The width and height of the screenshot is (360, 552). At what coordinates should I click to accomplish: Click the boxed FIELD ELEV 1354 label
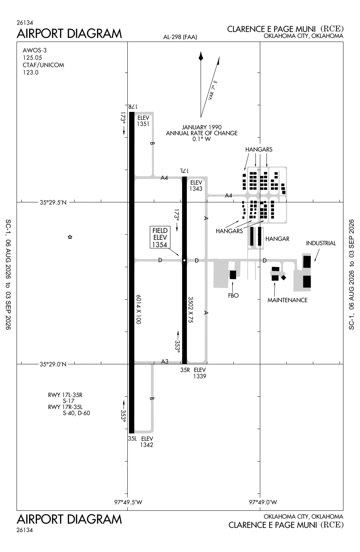click(160, 237)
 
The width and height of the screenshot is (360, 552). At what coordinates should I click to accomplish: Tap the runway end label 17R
click(133, 106)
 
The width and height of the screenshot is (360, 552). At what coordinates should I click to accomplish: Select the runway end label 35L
click(133, 438)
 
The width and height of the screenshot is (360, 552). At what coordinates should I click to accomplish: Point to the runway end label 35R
click(185, 370)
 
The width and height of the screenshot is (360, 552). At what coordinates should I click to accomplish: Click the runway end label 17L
click(184, 171)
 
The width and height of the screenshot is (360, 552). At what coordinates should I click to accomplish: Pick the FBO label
click(233, 296)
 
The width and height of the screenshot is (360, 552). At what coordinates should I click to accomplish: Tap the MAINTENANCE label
click(287, 300)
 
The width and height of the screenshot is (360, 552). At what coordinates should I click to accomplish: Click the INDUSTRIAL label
click(321, 243)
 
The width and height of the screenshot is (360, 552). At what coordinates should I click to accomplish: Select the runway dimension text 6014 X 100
click(138, 309)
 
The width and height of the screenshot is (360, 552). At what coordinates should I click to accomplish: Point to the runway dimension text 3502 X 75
click(190, 309)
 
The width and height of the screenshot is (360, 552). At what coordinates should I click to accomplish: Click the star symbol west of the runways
click(70, 237)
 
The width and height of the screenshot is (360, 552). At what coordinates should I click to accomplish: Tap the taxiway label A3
click(165, 361)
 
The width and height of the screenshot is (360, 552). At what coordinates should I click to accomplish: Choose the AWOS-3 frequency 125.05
click(32, 58)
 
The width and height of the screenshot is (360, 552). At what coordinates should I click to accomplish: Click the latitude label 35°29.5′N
click(53, 202)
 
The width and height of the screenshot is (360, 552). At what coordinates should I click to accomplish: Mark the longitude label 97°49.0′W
click(263, 502)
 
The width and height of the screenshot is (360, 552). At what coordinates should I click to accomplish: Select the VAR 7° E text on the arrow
click(213, 90)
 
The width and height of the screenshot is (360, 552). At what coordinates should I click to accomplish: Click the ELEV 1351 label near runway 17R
click(143, 121)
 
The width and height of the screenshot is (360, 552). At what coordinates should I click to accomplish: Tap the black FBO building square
click(233, 275)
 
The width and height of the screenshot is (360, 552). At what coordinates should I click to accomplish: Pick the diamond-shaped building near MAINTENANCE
click(283, 277)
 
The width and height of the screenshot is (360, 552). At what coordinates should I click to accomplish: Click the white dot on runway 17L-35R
click(184, 260)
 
